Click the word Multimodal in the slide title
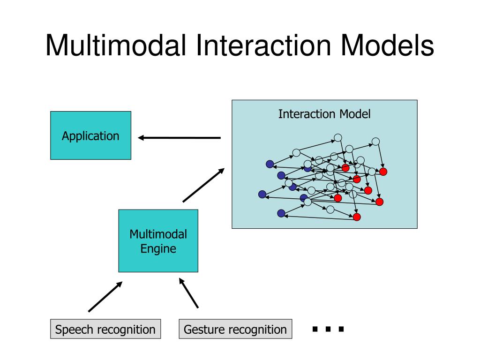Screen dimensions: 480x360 [x=116, y=45]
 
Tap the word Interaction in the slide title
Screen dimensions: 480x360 [x=263, y=45]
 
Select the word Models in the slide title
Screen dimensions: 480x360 [x=387, y=45]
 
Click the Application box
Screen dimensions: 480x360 [x=90, y=135]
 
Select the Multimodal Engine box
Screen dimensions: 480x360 [x=158, y=241]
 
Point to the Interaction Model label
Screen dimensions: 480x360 [x=324, y=114]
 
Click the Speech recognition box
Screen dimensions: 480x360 [x=105, y=329]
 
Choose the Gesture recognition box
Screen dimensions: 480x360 [x=235, y=329]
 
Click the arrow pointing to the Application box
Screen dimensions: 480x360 [x=180, y=138]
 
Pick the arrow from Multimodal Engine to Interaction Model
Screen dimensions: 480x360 [x=203, y=185]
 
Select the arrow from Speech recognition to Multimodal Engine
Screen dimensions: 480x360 [x=105, y=297]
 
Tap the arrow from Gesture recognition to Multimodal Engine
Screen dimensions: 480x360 [x=188, y=292]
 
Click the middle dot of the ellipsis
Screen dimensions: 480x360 [x=328, y=329]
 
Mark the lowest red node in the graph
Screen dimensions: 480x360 [x=357, y=217]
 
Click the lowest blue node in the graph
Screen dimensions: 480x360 [x=281, y=213]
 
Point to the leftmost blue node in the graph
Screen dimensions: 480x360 [x=262, y=194]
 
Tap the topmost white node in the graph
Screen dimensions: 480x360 [x=337, y=138]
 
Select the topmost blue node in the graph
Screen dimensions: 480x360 [x=270, y=164]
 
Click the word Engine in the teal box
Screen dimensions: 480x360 [x=158, y=249]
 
